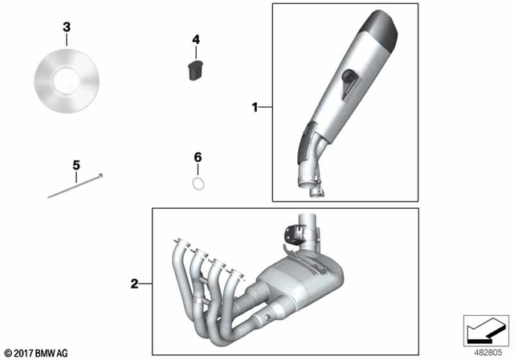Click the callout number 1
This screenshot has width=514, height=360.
pos(255,106)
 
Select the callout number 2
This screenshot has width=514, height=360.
pos(135,283)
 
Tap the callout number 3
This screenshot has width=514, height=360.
pos(67,27)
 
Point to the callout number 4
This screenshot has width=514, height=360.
pos(195,39)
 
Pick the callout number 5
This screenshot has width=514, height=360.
pos(76,166)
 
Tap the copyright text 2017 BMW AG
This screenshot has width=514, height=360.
pos(37,352)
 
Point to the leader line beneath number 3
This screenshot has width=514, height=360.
pos(67,43)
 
